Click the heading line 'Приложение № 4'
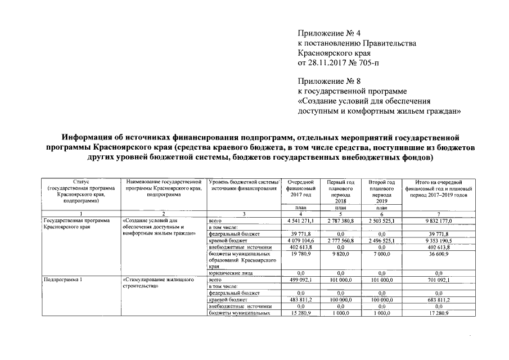click(x=329, y=33)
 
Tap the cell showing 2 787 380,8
click(x=340, y=221)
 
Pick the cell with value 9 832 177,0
click(x=438, y=221)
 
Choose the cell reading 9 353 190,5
click(x=438, y=241)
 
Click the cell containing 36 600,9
click(x=438, y=254)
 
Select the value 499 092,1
click(x=299, y=280)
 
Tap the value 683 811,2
click(x=438, y=300)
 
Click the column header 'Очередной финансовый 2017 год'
click(x=299, y=188)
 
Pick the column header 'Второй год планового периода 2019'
click(x=382, y=191)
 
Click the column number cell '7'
click(x=438, y=214)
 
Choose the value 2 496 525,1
click(x=382, y=241)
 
